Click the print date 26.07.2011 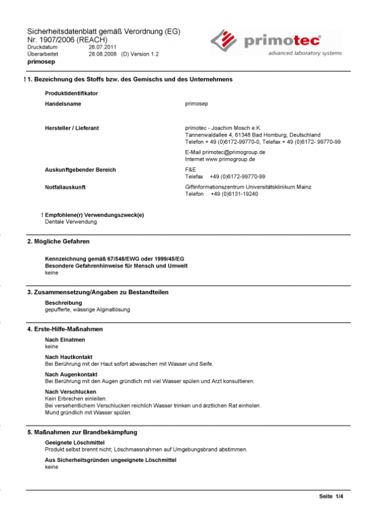tap(102, 47)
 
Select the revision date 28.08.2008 tap(102, 54)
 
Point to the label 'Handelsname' tap(63, 104)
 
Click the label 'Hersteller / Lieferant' tap(72, 128)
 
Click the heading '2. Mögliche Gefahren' tap(58, 243)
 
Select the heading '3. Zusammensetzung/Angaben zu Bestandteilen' tap(98, 292)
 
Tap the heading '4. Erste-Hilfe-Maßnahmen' tap(65, 330)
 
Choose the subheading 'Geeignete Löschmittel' tap(75, 442)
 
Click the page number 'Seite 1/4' tap(331, 496)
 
